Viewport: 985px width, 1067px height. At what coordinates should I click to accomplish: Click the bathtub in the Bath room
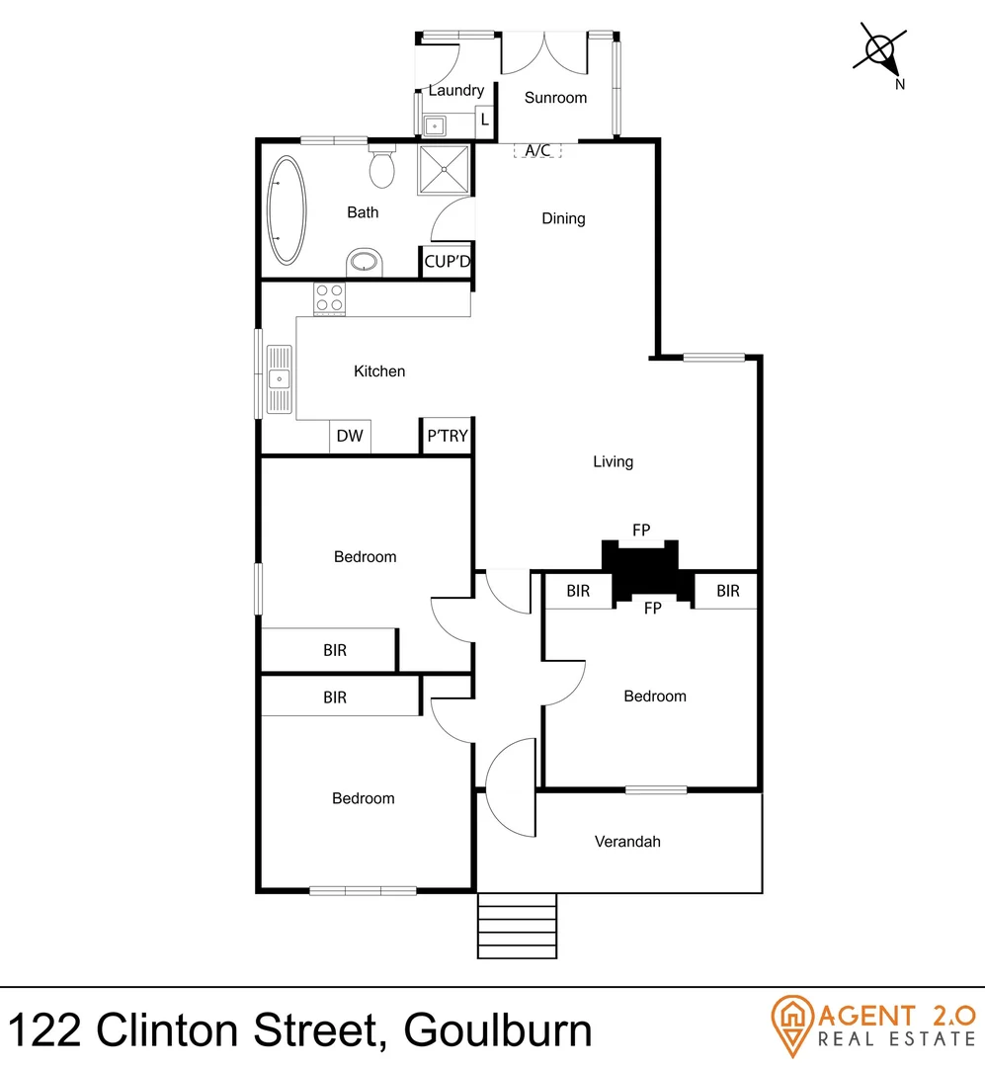coord(287,209)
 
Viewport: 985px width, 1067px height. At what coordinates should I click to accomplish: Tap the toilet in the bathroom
coord(382,167)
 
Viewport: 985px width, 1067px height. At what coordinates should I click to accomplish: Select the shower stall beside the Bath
coord(447,171)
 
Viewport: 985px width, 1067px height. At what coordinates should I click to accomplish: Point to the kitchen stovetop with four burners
coord(329,298)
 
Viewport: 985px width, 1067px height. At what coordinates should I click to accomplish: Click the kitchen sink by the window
coord(281,377)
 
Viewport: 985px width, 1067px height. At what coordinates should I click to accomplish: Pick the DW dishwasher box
coord(350,436)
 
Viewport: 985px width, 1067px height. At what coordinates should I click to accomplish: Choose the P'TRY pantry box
coord(447,436)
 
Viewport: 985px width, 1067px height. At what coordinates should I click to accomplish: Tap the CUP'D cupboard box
coord(448,262)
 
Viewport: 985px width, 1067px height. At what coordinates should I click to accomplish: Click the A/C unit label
coord(537,150)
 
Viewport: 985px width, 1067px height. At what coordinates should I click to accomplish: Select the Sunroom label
coord(555,98)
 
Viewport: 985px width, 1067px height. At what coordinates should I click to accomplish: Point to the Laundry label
coord(455,91)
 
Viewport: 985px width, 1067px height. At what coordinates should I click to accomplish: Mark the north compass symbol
coord(881,52)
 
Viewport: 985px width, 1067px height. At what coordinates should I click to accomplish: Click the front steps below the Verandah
coord(517,925)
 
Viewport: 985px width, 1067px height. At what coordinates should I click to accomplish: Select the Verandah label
coord(627,842)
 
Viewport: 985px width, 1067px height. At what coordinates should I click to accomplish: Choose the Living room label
coord(613,461)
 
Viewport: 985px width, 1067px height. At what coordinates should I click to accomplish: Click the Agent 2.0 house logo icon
coord(791,1024)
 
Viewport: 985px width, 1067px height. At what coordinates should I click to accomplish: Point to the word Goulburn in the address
coord(498,1030)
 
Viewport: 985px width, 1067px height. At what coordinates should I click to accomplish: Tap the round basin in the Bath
coord(366,263)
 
